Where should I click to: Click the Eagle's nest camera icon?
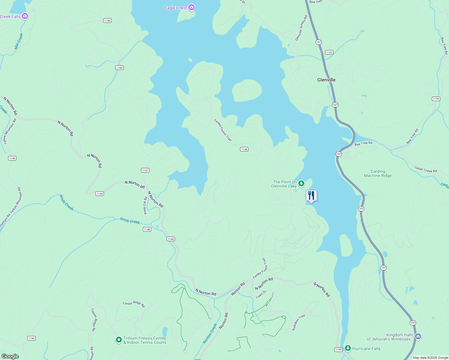191,7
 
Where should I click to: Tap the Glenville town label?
326,80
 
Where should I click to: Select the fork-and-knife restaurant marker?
311,196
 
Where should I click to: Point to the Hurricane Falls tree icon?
348,348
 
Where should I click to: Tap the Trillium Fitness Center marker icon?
119,340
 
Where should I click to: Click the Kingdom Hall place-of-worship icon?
418,337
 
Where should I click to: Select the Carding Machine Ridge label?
378,174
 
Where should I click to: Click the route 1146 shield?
244,149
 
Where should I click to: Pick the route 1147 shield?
145,170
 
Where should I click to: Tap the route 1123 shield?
329,52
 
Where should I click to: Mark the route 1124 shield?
436,99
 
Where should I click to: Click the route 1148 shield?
147,229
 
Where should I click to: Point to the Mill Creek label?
19,41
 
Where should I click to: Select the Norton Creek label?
210,334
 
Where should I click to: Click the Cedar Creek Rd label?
426,169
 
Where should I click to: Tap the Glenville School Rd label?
301,28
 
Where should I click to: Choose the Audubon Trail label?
298,323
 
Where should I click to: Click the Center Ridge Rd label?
134,304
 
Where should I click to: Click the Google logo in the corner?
10,356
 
